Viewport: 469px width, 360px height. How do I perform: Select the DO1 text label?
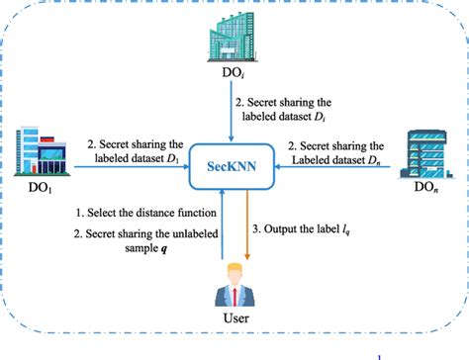pyautogui.click(x=31, y=185)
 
